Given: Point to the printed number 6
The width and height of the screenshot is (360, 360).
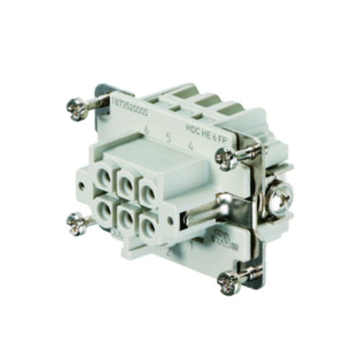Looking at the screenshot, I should tap(146, 130).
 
